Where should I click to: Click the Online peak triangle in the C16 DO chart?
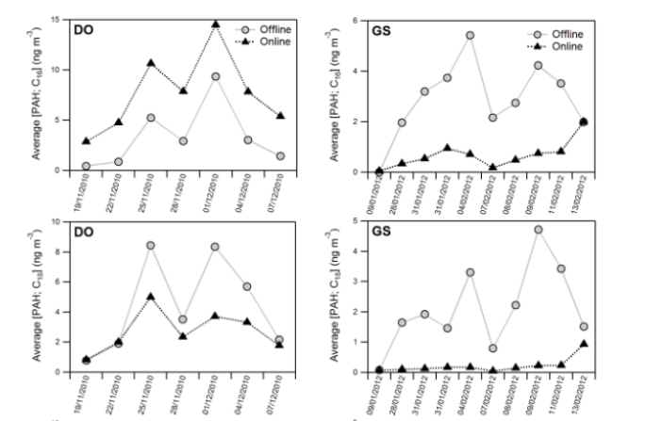point(216,24)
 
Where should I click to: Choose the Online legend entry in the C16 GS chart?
point(564,46)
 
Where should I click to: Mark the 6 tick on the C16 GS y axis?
point(355,20)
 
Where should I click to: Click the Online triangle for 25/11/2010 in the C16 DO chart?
point(151,63)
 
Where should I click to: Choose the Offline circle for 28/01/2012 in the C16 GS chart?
point(401,122)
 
